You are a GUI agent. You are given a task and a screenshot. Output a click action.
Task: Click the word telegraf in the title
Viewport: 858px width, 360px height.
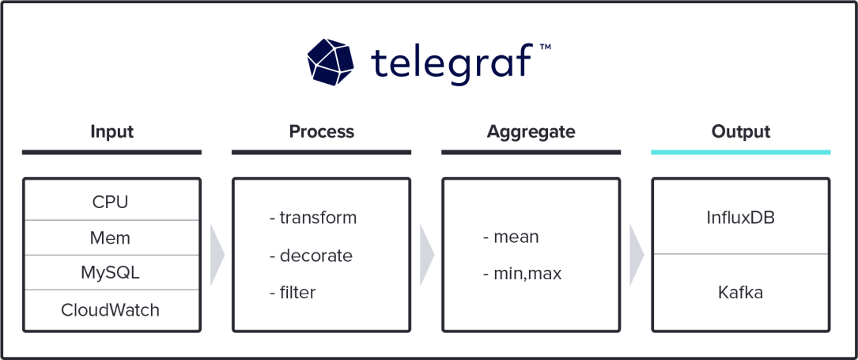coord(452,63)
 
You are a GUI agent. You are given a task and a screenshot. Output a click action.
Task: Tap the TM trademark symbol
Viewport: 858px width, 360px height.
coord(545,47)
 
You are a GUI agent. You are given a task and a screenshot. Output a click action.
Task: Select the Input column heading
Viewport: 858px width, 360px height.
coord(112,131)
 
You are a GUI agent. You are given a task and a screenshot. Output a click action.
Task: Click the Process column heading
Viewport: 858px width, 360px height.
coord(321,131)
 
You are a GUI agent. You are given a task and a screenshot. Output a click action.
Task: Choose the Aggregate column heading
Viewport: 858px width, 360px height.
coord(531,131)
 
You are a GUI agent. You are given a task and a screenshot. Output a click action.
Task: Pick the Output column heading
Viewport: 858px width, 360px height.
coord(740,131)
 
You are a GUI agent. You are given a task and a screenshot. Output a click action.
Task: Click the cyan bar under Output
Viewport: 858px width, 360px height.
coord(740,151)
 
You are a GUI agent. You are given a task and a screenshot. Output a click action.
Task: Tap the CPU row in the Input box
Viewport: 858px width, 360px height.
coord(111,202)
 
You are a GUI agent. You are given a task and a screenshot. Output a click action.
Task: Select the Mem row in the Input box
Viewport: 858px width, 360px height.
coord(111,237)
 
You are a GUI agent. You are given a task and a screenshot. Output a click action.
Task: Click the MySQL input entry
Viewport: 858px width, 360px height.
coord(111,273)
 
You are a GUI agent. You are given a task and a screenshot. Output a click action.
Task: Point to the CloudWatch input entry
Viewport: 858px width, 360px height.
coord(111,310)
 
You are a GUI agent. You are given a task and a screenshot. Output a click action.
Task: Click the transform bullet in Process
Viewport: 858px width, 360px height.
coord(313,218)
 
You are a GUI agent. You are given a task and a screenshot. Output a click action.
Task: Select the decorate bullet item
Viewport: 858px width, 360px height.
coord(311,256)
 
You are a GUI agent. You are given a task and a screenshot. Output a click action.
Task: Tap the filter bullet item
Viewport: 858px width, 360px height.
coord(293,293)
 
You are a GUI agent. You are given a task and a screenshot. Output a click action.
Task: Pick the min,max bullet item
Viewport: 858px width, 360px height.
coord(522,275)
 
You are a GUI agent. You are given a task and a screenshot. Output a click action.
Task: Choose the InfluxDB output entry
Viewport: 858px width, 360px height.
coord(740,218)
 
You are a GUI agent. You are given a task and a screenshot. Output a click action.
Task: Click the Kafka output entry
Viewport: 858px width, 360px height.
coord(740,293)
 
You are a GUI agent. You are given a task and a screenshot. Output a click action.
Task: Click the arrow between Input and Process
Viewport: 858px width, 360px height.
coord(217,255)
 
